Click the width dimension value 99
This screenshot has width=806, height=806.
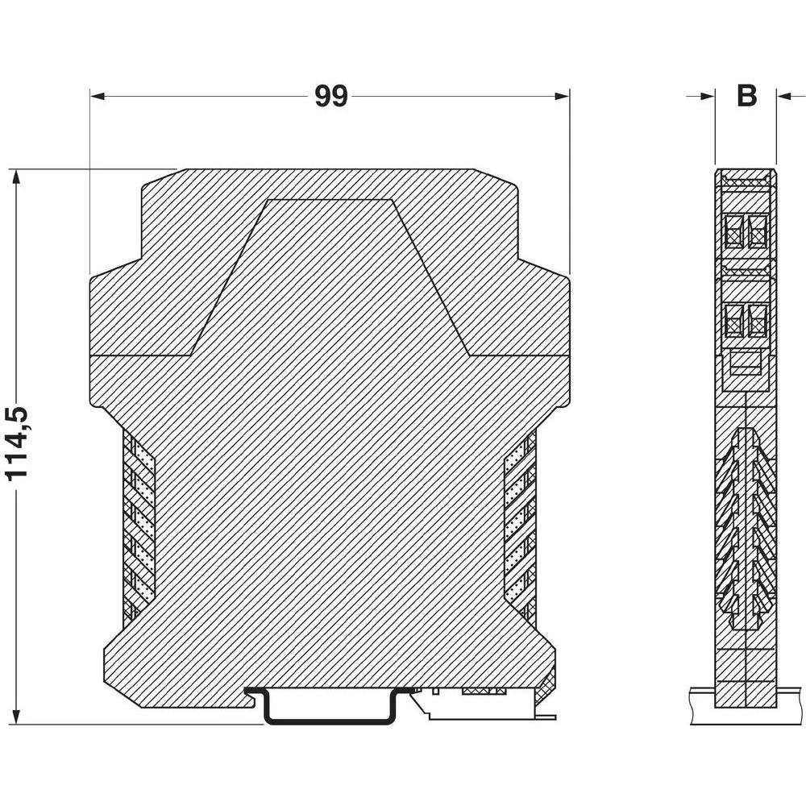click(330, 96)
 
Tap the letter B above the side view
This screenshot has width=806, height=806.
click(746, 96)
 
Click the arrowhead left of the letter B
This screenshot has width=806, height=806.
click(708, 96)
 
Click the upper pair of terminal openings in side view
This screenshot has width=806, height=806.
click(746, 231)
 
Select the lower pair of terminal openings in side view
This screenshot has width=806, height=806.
click(746, 320)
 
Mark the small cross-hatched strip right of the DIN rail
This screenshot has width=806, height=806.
click(484, 692)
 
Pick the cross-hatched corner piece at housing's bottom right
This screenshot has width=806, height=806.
click(547, 686)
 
